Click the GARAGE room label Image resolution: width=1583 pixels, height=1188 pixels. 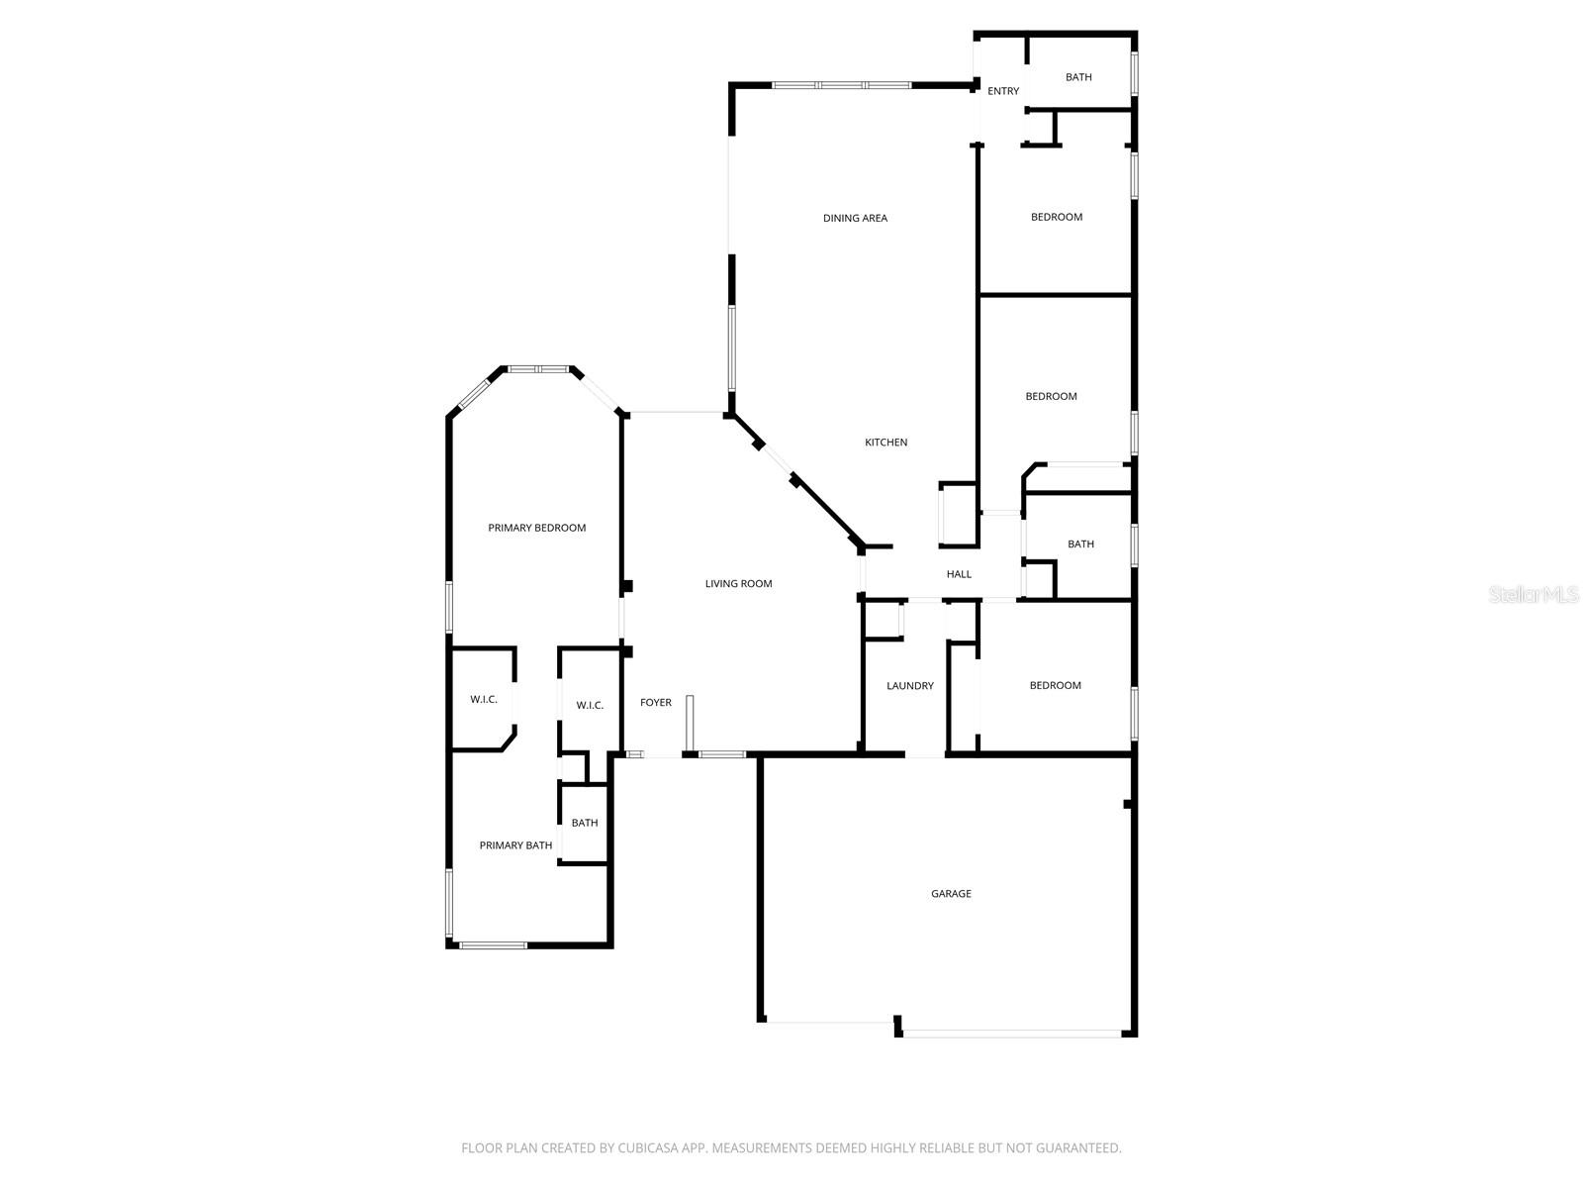coord(951,894)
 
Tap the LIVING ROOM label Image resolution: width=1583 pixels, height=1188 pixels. coord(738,584)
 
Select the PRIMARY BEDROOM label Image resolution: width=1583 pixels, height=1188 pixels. coord(536,528)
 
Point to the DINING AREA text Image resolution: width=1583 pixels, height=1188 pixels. coord(855,218)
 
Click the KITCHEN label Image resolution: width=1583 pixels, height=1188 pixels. coord(885,443)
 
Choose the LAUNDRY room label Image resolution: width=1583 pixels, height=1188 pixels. coord(909,686)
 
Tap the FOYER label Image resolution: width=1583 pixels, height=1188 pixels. coord(655,703)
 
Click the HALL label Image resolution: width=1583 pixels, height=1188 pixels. coord(959,574)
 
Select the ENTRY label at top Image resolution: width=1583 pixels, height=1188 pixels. coord(1002,91)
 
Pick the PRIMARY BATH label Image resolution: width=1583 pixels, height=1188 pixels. coord(515,845)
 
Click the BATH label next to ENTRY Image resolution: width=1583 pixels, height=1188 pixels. coord(1078,77)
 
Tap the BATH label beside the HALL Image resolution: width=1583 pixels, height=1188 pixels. coord(1080,544)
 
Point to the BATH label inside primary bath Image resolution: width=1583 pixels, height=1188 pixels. coord(584,823)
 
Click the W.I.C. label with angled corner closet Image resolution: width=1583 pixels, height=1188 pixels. coord(483,700)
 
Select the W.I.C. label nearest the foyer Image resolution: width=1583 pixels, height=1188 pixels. coord(590,706)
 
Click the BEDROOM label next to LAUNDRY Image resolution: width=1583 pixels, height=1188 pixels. coord(1055,685)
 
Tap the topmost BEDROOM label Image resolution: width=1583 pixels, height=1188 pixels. coord(1056,217)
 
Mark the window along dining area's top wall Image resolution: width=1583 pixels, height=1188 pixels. coord(841,85)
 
